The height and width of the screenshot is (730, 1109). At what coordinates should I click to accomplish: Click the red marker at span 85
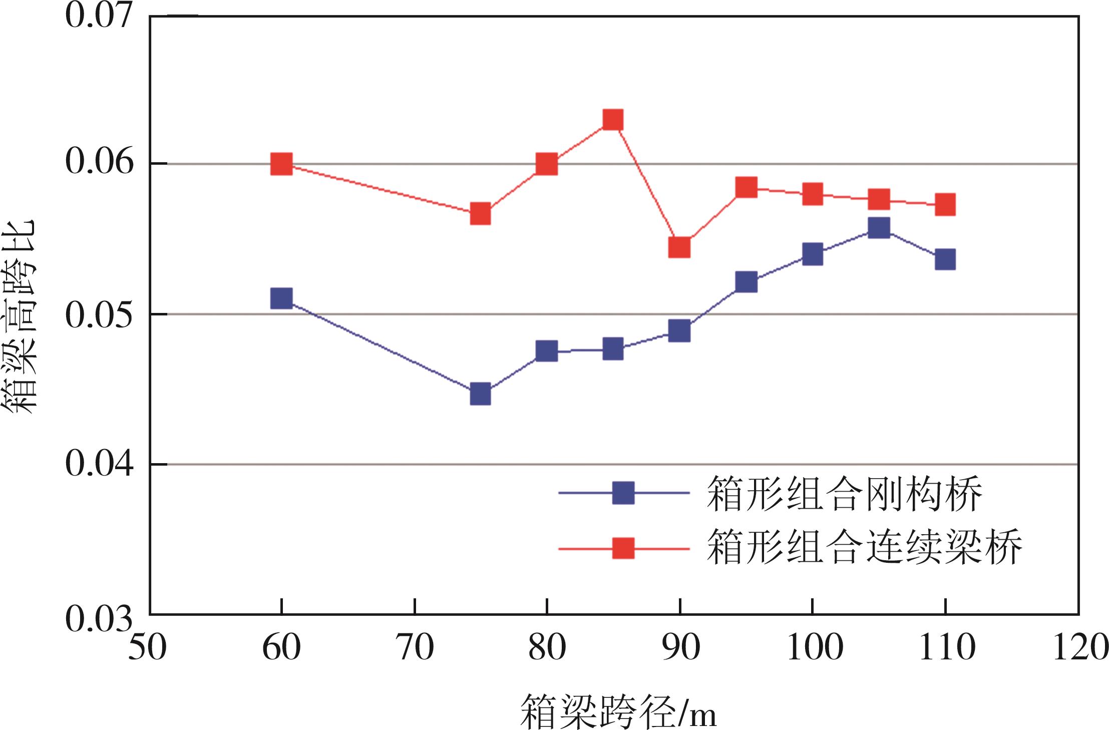click(x=613, y=120)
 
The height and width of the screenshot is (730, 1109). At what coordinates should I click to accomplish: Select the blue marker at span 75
click(x=480, y=395)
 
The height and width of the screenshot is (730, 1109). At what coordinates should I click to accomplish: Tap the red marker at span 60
click(x=281, y=164)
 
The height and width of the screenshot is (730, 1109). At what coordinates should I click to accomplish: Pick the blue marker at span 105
click(x=879, y=228)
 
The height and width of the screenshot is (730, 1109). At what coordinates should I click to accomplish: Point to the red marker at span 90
click(x=679, y=247)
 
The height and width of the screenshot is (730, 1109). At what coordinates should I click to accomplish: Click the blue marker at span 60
click(x=281, y=298)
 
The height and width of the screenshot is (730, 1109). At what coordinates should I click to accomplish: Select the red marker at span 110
click(x=945, y=204)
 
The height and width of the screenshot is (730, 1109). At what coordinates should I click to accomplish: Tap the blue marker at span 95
click(x=747, y=282)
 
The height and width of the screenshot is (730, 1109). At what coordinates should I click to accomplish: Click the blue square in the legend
click(x=623, y=493)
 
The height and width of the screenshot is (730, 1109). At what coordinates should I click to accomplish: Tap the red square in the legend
click(x=623, y=548)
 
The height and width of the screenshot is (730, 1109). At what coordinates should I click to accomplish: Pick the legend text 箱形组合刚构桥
click(x=845, y=494)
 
